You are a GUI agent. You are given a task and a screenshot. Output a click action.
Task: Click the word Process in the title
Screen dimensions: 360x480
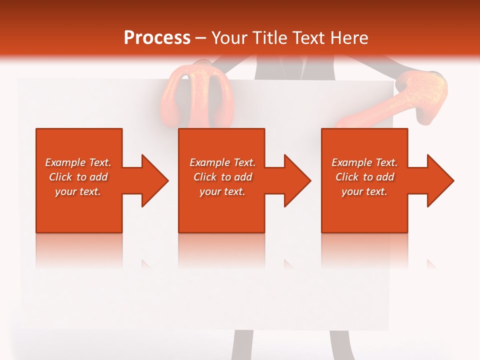point(157,38)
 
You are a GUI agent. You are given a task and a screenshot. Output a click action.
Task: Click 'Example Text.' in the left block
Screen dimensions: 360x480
point(78,162)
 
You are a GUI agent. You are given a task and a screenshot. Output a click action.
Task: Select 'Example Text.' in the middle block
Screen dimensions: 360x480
point(222,162)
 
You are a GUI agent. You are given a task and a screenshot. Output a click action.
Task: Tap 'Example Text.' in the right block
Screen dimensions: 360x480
point(364,162)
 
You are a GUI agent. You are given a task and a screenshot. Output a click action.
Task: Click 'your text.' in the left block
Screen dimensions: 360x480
point(78,191)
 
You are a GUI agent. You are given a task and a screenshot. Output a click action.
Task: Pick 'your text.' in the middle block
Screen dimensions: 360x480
point(222,191)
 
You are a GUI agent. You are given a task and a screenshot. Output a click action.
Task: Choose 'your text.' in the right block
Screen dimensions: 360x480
point(364,191)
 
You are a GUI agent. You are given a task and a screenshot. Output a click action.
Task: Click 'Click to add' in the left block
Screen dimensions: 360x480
point(78,177)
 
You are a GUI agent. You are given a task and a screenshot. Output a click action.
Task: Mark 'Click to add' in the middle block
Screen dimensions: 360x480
point(222,177)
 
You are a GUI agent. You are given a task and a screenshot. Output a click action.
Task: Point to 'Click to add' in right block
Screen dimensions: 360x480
point(364,177)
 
